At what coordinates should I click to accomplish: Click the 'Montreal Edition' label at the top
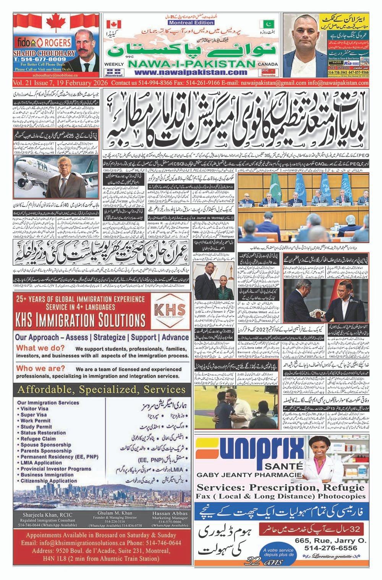coord(185,23)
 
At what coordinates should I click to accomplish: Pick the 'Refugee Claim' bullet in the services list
coord(38,439)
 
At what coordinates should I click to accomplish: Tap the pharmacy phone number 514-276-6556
coord(331,548)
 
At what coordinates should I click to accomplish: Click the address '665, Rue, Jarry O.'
coord(331,541)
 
